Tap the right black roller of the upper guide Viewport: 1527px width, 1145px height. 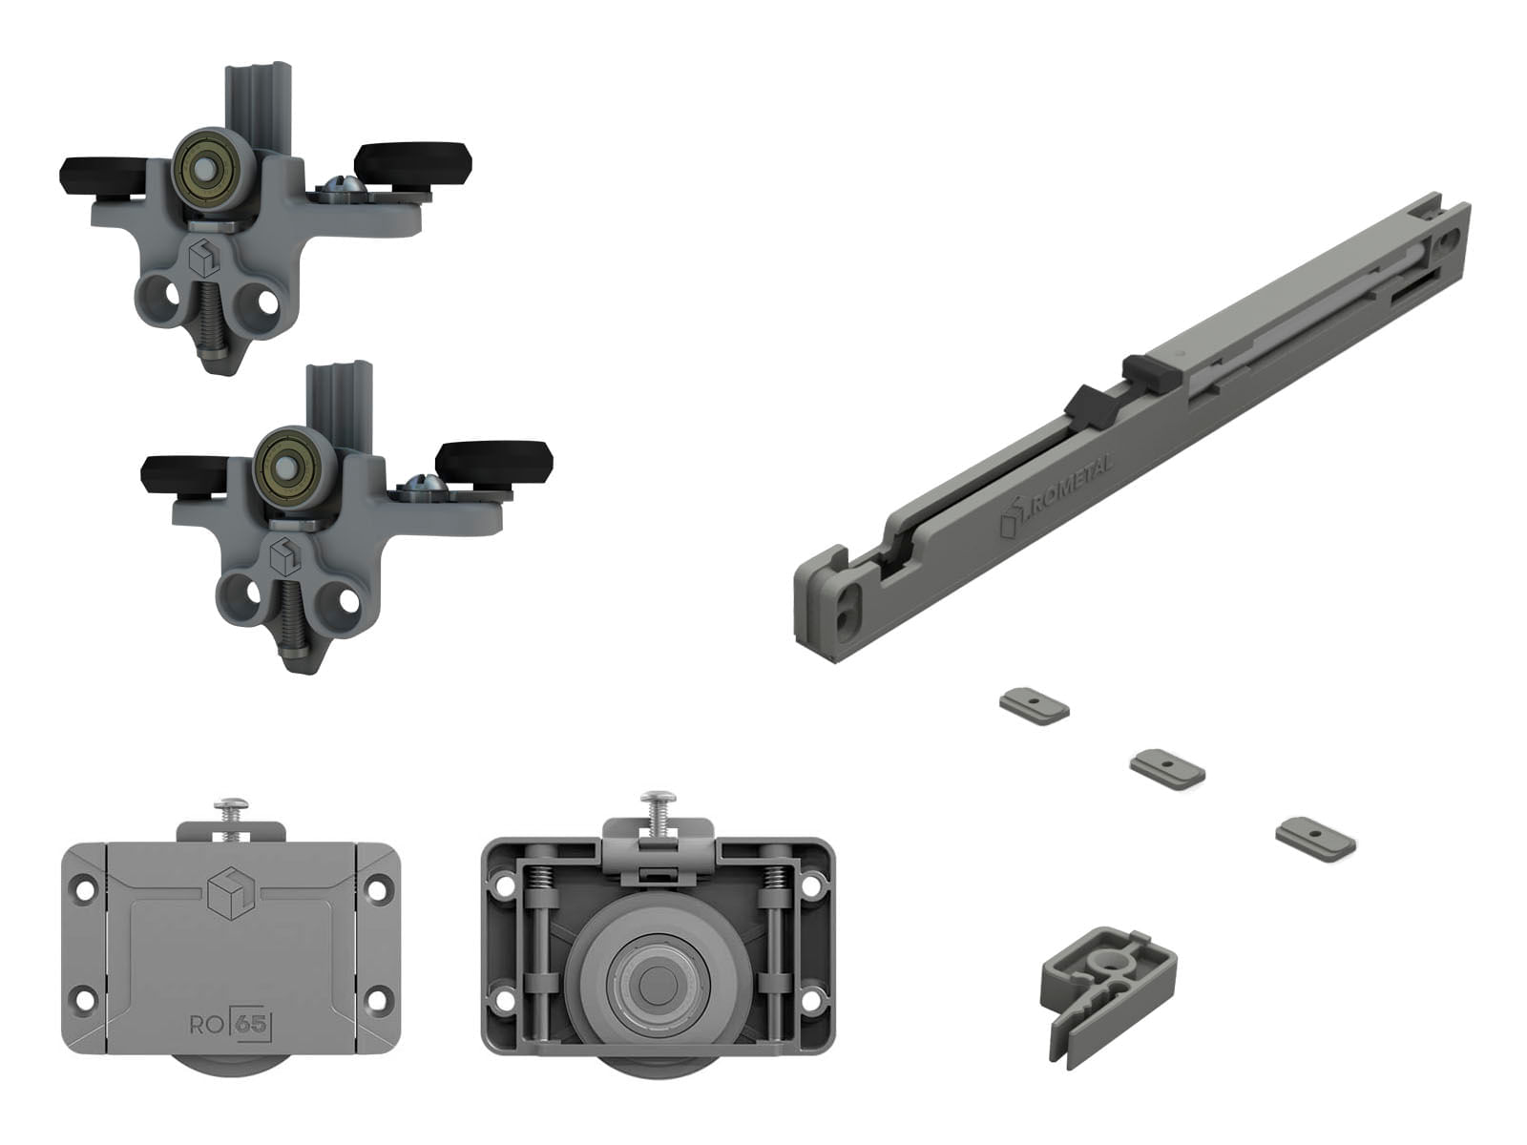[412, 163]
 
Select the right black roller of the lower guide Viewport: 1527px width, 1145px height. [494, 462]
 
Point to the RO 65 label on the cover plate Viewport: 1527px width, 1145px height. [230, 1026]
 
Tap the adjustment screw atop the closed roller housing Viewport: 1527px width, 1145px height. [232, 816]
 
